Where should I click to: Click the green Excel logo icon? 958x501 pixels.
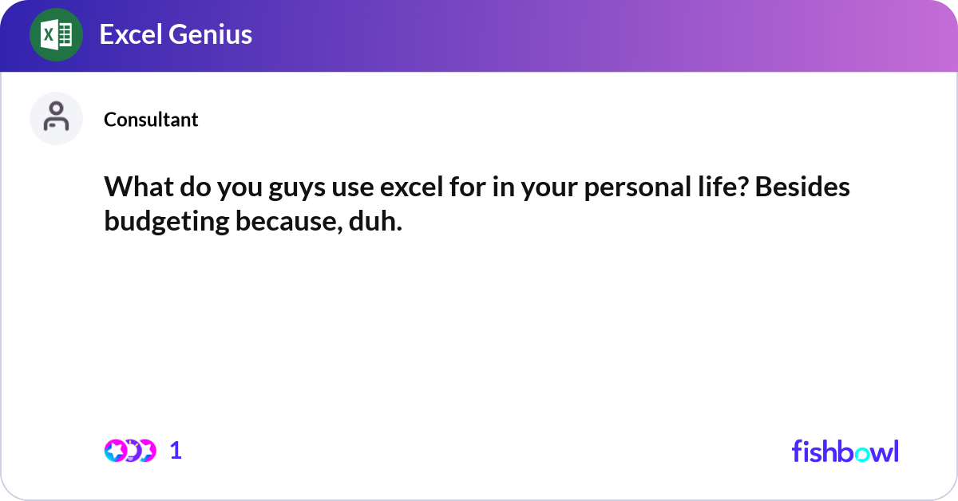pos(56,34)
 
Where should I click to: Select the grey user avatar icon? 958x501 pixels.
pos(56,118)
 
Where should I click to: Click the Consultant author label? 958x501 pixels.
pos(151,120)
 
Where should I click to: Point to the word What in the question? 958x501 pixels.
pos(136,187)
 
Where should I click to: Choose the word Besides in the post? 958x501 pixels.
pos(802,187)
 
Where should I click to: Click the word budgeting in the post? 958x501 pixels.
pos(167,221)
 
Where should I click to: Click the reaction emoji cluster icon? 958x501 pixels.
pos(129,451)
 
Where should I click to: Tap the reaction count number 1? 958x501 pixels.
pos(176,451)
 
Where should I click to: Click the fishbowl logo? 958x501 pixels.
pos(845,451)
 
